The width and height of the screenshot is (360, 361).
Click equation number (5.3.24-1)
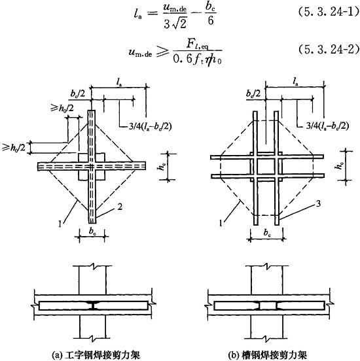tap(329, 12)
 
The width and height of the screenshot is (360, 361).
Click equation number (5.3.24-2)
tap(329, 49)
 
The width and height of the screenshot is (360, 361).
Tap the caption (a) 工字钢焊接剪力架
tap(96, 354)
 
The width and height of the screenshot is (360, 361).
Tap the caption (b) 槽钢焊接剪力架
tap(267, 354)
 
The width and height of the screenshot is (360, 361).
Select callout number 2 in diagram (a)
tap(120, 207)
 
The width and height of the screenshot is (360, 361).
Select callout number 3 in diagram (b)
tap(318, 203)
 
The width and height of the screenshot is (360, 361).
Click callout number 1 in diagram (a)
tap(60, 224)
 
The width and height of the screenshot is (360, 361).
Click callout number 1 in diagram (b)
tap(221, 223)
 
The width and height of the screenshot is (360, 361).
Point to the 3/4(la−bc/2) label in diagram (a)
tap(151, 126)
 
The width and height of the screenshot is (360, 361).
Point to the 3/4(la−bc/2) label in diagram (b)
tap(327, 126)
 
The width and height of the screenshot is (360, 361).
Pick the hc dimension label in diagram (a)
tap(162, 165)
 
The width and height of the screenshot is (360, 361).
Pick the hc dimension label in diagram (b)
tap(340, 165)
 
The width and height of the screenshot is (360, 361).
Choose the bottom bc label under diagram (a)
tap(92, 232)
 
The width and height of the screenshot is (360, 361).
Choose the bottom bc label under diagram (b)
tap(267, 233)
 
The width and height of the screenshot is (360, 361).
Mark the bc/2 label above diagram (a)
tap(78, 94)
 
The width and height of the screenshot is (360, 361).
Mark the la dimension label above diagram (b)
tap(295, 82)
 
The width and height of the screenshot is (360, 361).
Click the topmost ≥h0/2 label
tap(62, 107)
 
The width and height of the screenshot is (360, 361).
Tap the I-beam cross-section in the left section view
tap(92, 305)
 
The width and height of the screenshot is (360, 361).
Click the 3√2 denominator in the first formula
tap(175, 24)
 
